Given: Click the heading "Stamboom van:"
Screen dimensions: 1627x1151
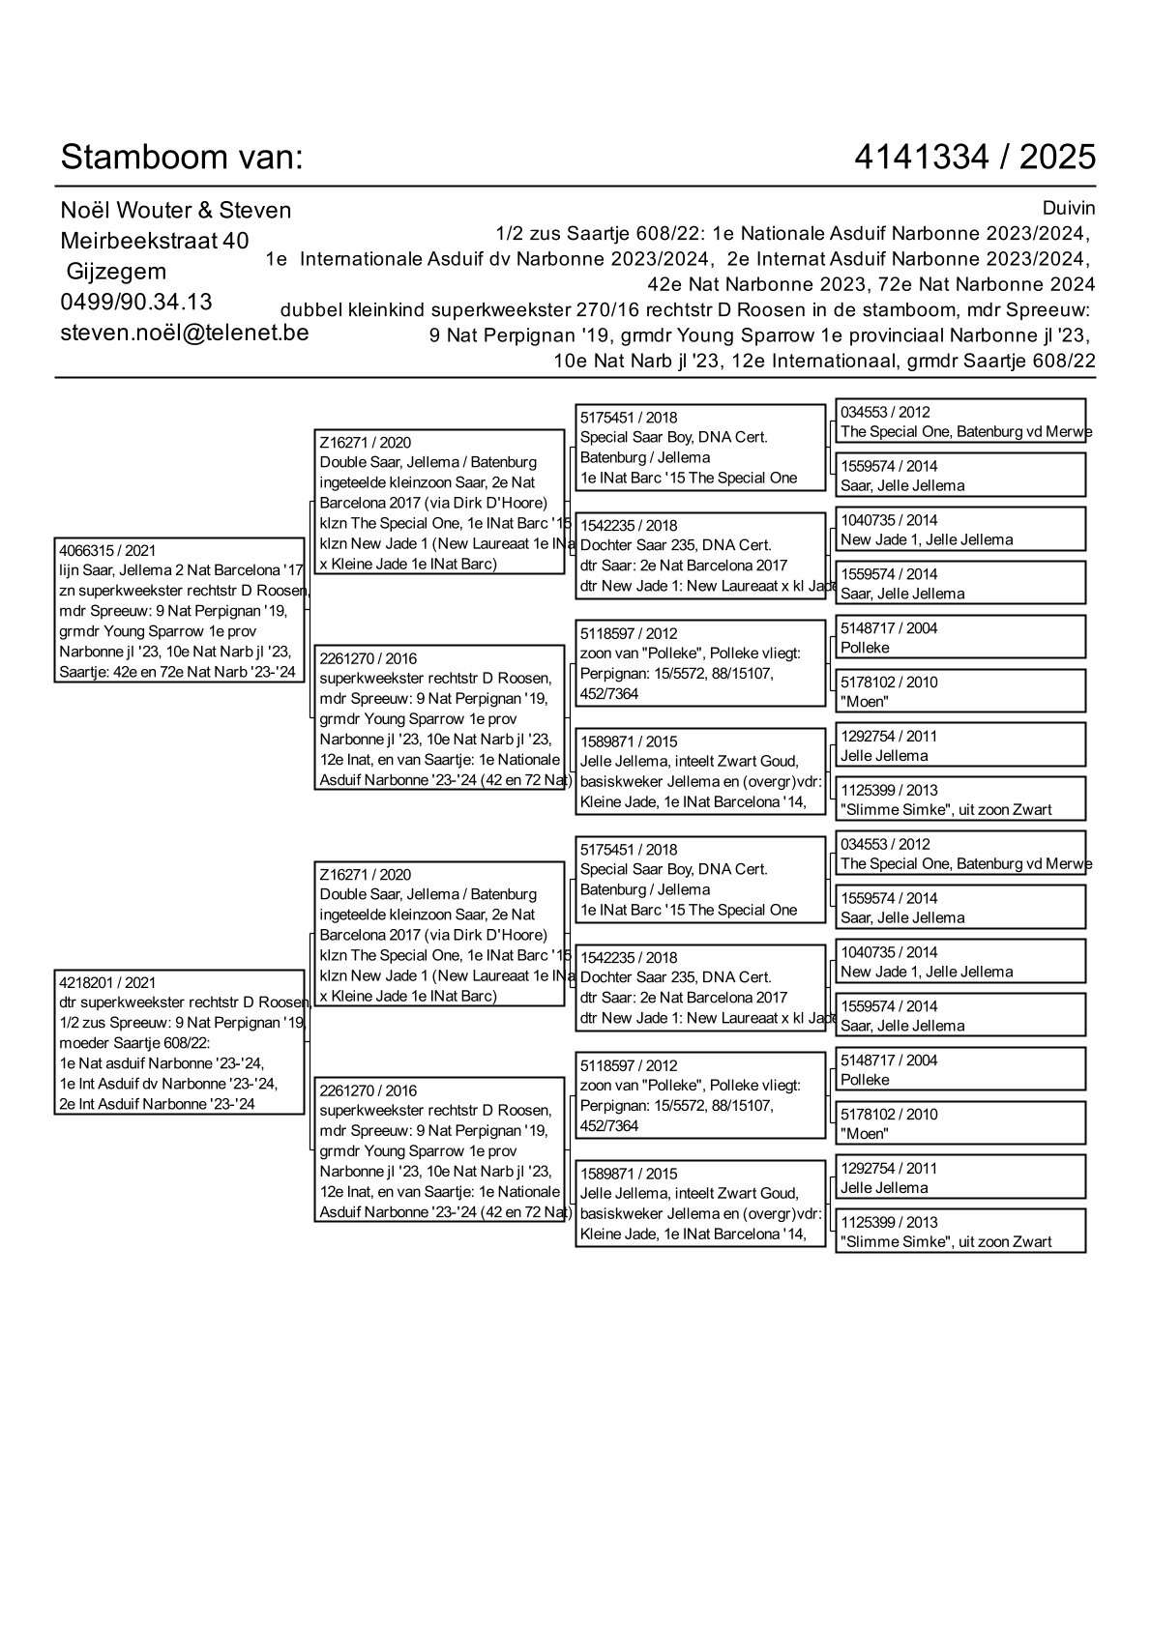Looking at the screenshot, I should click(182, 157).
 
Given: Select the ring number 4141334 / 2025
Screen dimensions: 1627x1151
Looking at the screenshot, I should click(975, 157).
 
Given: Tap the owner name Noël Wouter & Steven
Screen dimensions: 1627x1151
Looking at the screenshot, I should click(175, 210).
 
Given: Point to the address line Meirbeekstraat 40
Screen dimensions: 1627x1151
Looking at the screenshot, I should click(154, 240).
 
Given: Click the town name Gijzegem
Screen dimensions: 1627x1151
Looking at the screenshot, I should click(116, 271).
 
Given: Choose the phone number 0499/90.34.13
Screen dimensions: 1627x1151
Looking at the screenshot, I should click(136, 302).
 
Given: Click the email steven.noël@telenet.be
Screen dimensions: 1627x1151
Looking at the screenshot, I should click(184, 333).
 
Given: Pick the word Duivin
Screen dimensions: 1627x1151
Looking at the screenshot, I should click(1069, 208).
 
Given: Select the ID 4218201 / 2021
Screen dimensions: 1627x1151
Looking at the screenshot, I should click(107, 982).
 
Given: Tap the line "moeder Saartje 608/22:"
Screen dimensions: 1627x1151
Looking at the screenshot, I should click(134, 1043).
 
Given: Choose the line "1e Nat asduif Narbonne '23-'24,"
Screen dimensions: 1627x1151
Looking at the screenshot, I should click(162, 1063).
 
